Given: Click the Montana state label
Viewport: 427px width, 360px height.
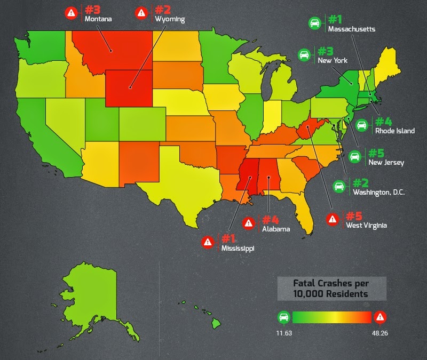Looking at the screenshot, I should (98, 19).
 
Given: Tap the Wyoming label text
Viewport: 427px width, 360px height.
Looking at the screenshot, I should (169, 19).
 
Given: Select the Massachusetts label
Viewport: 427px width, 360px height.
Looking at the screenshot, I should (351, 29).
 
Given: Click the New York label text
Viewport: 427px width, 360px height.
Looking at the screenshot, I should (332, 60).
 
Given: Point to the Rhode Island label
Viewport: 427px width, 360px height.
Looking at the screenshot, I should (394, 131).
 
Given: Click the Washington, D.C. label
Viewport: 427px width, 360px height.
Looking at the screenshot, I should (378, 192).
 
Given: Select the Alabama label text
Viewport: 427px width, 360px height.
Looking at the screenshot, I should (275, 229).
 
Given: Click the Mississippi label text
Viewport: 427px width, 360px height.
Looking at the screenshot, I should (238, 248).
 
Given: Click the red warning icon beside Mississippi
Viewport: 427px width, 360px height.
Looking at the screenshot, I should (208, 242).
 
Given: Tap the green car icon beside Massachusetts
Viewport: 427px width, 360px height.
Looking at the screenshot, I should (315, 23).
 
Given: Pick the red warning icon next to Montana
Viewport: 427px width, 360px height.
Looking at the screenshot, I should (71, 13).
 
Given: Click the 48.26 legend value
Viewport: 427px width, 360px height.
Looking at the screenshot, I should (379, 333).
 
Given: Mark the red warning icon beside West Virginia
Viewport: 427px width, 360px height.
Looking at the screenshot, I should (332, 219).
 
